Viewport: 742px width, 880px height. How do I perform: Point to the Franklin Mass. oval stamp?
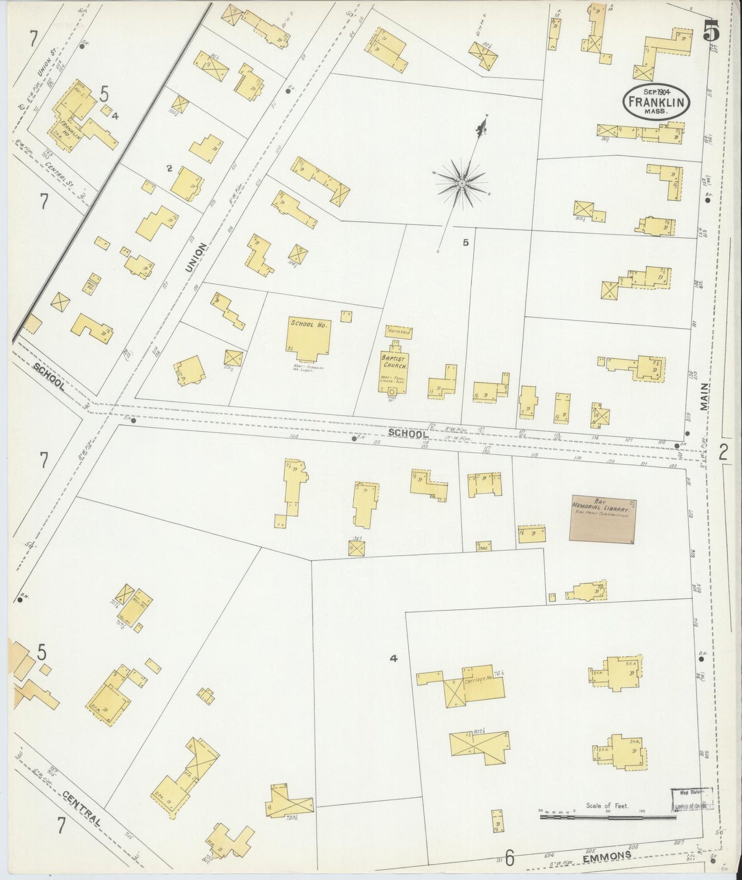[x=656, y=103]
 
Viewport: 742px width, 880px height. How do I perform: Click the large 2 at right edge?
[x=723, y=452]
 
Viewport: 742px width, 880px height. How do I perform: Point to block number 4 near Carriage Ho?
[x=394, y=658]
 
